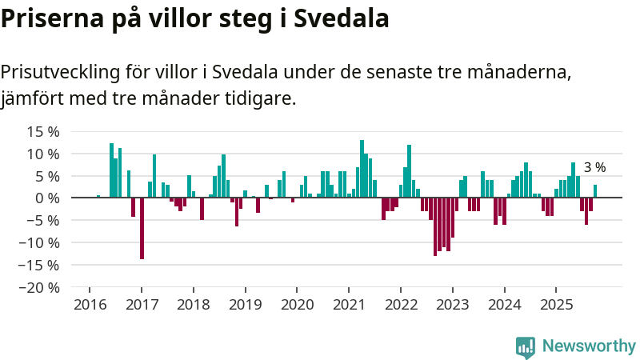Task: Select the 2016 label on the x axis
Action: coord(90,305)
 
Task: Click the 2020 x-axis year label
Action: coord(297,305)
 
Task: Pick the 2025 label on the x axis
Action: coord(557,305)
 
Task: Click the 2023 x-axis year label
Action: coord(453,305)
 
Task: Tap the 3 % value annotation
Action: coord(594,168)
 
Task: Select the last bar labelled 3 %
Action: coord(595,191)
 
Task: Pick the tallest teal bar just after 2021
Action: coord(362,169)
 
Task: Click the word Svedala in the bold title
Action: coord(341,18)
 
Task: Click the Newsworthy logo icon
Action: coord(526,346)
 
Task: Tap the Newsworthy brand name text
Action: coord(589,346)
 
